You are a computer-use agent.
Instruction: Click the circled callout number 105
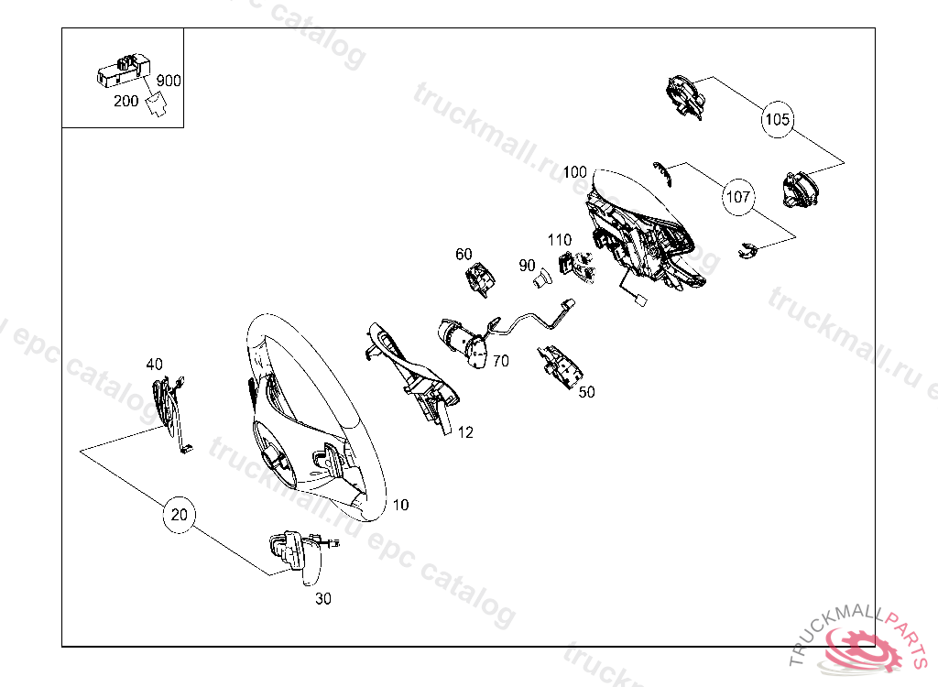pyautogui.click(x=777, y=120)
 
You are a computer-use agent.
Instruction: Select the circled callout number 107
pyautogui.click(x=738, y=196)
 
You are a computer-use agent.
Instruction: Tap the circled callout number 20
pyautogui.click(x=180, y=515)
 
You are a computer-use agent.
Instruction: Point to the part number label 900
pyautogui.click(x=169, y=81)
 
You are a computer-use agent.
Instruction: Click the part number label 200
pyautogui.click(x=126, y=101)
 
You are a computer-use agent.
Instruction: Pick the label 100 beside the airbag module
pyautogui.click(x=575, y=172)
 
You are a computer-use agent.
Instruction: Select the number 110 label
pyautogui.click(x=560, y=240)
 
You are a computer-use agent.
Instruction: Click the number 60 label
pyautogui.click(x=464, y=255)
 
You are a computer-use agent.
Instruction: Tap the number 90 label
pyautogui.click(x=527, y=265)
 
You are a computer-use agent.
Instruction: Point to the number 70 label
pyautogui.click(x=501, y=361)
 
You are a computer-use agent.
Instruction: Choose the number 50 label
pyautogui.click(x=587, y=392)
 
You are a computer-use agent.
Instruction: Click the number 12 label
pyautogui.click(x=465, y=432)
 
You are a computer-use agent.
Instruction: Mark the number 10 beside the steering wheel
pyautogui.click(x=400, y=505)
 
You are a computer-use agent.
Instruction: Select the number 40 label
pyautogui.click(x=154, y=364)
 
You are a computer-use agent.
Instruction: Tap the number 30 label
pyautogui.click(x=323, y=598)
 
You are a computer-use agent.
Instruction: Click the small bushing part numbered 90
pyautogui.click(x=542, y=278)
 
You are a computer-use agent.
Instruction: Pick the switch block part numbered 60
pyautogui.click(x=480, y=279)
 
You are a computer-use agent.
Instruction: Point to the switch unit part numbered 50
pyautogui.click(x=560, y=365)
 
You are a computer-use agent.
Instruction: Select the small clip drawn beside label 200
pyautogui.click(x=157, y=104)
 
